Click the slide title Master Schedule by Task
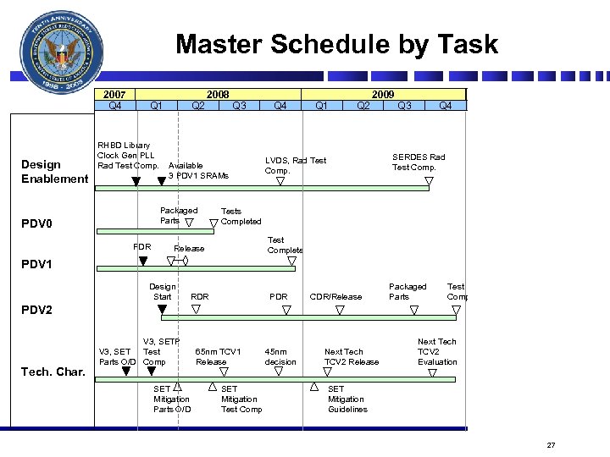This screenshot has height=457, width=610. (x=336, y=45)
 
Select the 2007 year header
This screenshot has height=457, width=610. (x=114, y=94)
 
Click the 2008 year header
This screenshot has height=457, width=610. (x=219, y=94)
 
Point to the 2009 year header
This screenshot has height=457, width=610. (x=383, y=94)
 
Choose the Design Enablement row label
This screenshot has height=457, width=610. (x=54, y=171)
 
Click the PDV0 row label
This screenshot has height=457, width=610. (x=36, y=225)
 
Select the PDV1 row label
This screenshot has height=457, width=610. (x=36, y=264)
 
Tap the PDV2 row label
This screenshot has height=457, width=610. (x=36, y=310)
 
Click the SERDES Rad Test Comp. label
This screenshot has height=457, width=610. (x=418, y=162)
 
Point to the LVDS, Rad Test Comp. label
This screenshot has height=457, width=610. (x=295, y=165)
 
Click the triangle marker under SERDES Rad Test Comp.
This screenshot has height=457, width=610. (x=430, y=180)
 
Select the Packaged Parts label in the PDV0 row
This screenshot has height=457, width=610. (x=178, y=215)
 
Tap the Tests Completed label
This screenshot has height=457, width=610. (x=241, y=216)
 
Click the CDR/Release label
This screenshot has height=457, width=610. (x=335, y=296)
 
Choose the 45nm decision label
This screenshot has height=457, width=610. (x=280, y=356)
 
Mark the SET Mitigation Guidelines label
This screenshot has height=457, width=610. (x=347, y=399)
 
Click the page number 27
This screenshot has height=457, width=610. (x=551, y=445)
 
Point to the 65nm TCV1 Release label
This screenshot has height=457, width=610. (x=218, y=356)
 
